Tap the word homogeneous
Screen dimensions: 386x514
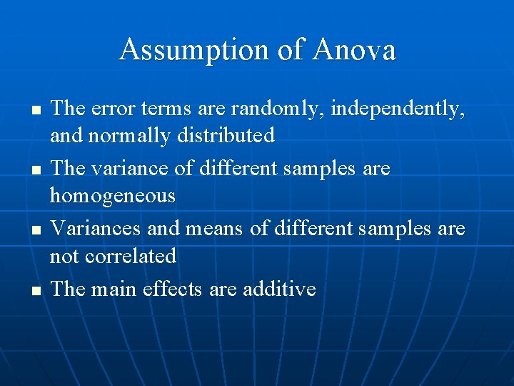tap(113, 196)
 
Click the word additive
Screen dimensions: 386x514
tap(279, 289)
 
